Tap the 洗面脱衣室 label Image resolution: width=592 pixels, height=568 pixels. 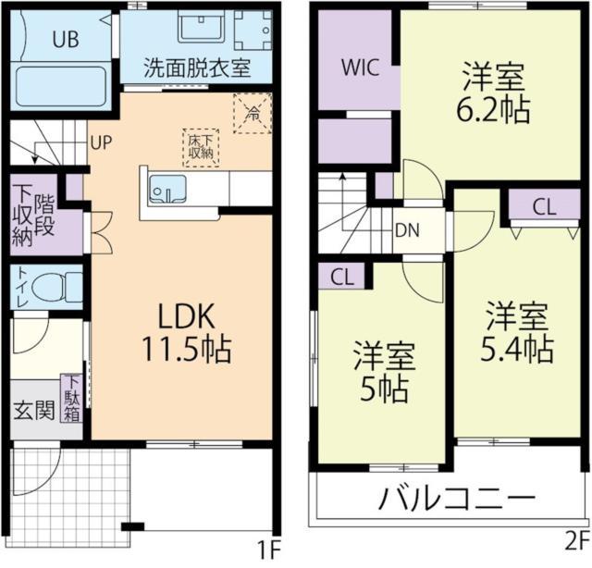[197, 67]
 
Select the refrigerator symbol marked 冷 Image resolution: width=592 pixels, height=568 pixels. [252, 114]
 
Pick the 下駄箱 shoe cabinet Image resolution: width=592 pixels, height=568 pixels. [71, 399]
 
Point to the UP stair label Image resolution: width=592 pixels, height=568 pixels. [101, 142]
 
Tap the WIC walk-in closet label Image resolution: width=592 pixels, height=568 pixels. [358, 67]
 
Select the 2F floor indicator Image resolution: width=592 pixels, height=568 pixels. [575, 539]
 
